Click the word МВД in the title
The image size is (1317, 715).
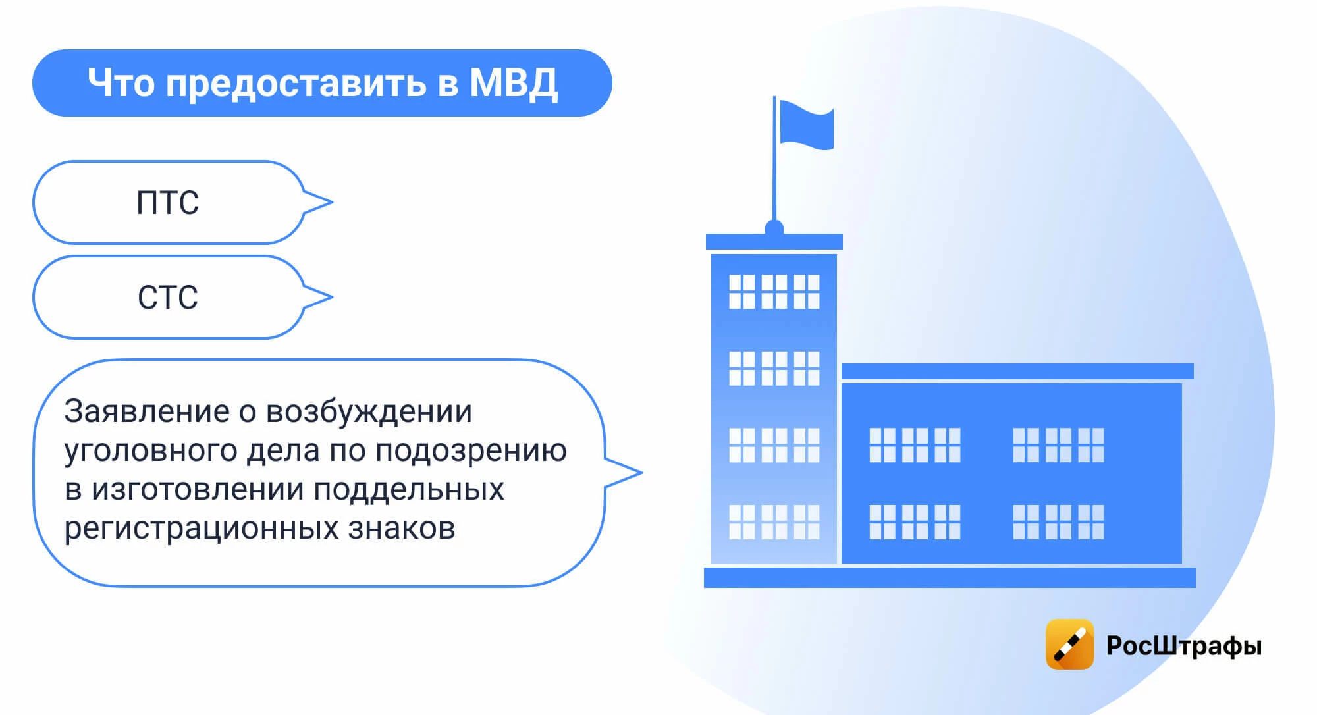(x=514, y=84)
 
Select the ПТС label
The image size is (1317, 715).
(x=167, y=203)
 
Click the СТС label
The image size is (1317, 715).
(x=167, y=298)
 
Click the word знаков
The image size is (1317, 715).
(x=402, y=528)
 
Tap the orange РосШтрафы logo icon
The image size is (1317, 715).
(x=1069, y=644)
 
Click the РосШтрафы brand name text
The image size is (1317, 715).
(x=1184, y=646)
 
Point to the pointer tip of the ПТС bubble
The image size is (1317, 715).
(x=332, y=202)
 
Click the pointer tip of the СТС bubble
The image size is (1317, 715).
(x=332, y=297)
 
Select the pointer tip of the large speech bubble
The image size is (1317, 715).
(x=641, y=473)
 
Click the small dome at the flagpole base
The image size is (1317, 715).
(x=774, y=228)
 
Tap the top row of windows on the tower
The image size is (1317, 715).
(x=774, y=292)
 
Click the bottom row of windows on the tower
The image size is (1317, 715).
(x=774, y=522)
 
